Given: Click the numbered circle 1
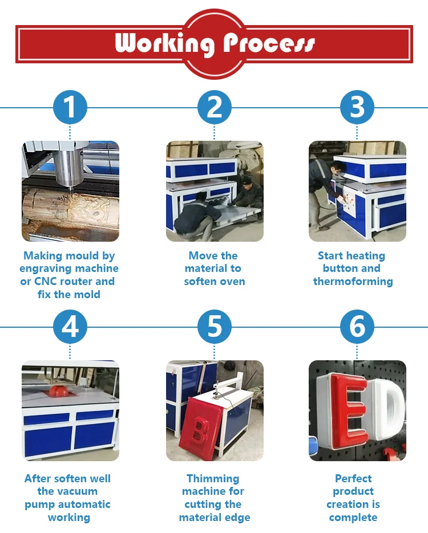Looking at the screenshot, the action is (x=70, y=107).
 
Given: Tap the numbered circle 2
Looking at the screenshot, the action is (x=215, y=107).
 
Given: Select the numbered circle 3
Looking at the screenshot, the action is (x=357, y=107).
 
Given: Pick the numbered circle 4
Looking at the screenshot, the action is (x=70, y=327).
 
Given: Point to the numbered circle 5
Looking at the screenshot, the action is (x=215, y=327).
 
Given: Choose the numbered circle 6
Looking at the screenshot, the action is (x=357, y=327).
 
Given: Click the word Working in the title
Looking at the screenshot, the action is (x=165, y=43).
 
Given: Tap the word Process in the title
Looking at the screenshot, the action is (x=269, y=43).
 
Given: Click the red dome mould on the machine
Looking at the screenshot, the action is (x=57, y=390).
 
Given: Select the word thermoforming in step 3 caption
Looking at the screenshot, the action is (x=353, y=282).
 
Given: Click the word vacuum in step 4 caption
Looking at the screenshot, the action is (x=82, y=491).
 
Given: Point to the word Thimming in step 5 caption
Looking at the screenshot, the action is (x=213, y=479).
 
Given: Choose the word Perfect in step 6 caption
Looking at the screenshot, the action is (x=353, y=478).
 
